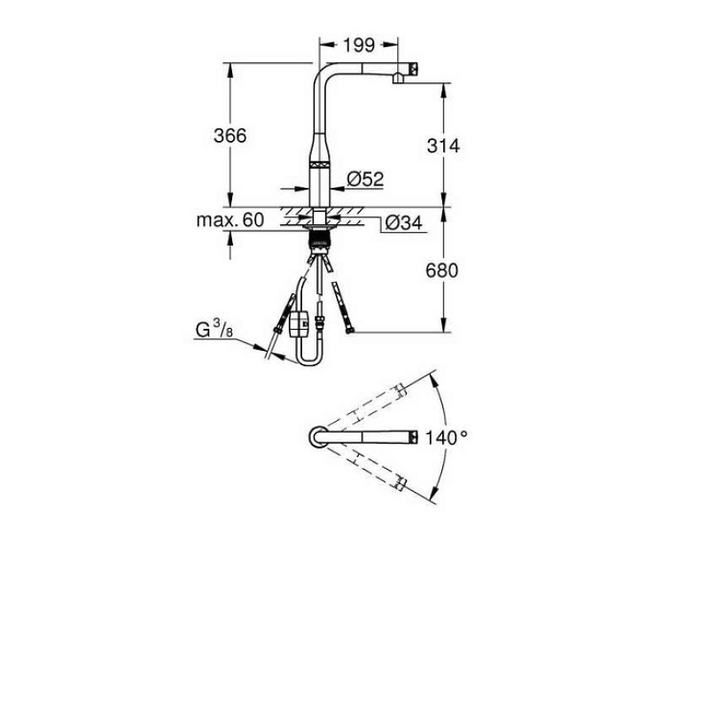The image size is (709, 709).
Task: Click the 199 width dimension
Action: pyautogui.click(x=359, y=45)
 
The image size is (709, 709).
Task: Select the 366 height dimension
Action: pyautogui.click(x=230, y=136)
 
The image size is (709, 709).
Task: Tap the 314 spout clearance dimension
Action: pyautogui.click(x=443, y=145)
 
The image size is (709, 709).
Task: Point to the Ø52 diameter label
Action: pyautogui.click(x=365, y=179)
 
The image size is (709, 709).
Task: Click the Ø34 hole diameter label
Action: pyautogui.click(x=404, y=222)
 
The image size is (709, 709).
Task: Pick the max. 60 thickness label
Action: pyautogui.click(x=230, y=220)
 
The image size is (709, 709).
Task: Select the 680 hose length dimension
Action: pyautogui.click(x=441, y=270)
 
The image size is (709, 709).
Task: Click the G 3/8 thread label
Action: pyautogui.click(x=214, y=329)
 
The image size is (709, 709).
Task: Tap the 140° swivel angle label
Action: pyautogui.click(x=447, y=437)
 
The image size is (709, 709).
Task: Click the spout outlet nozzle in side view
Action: pyautogui.click(x=398, y=79)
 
